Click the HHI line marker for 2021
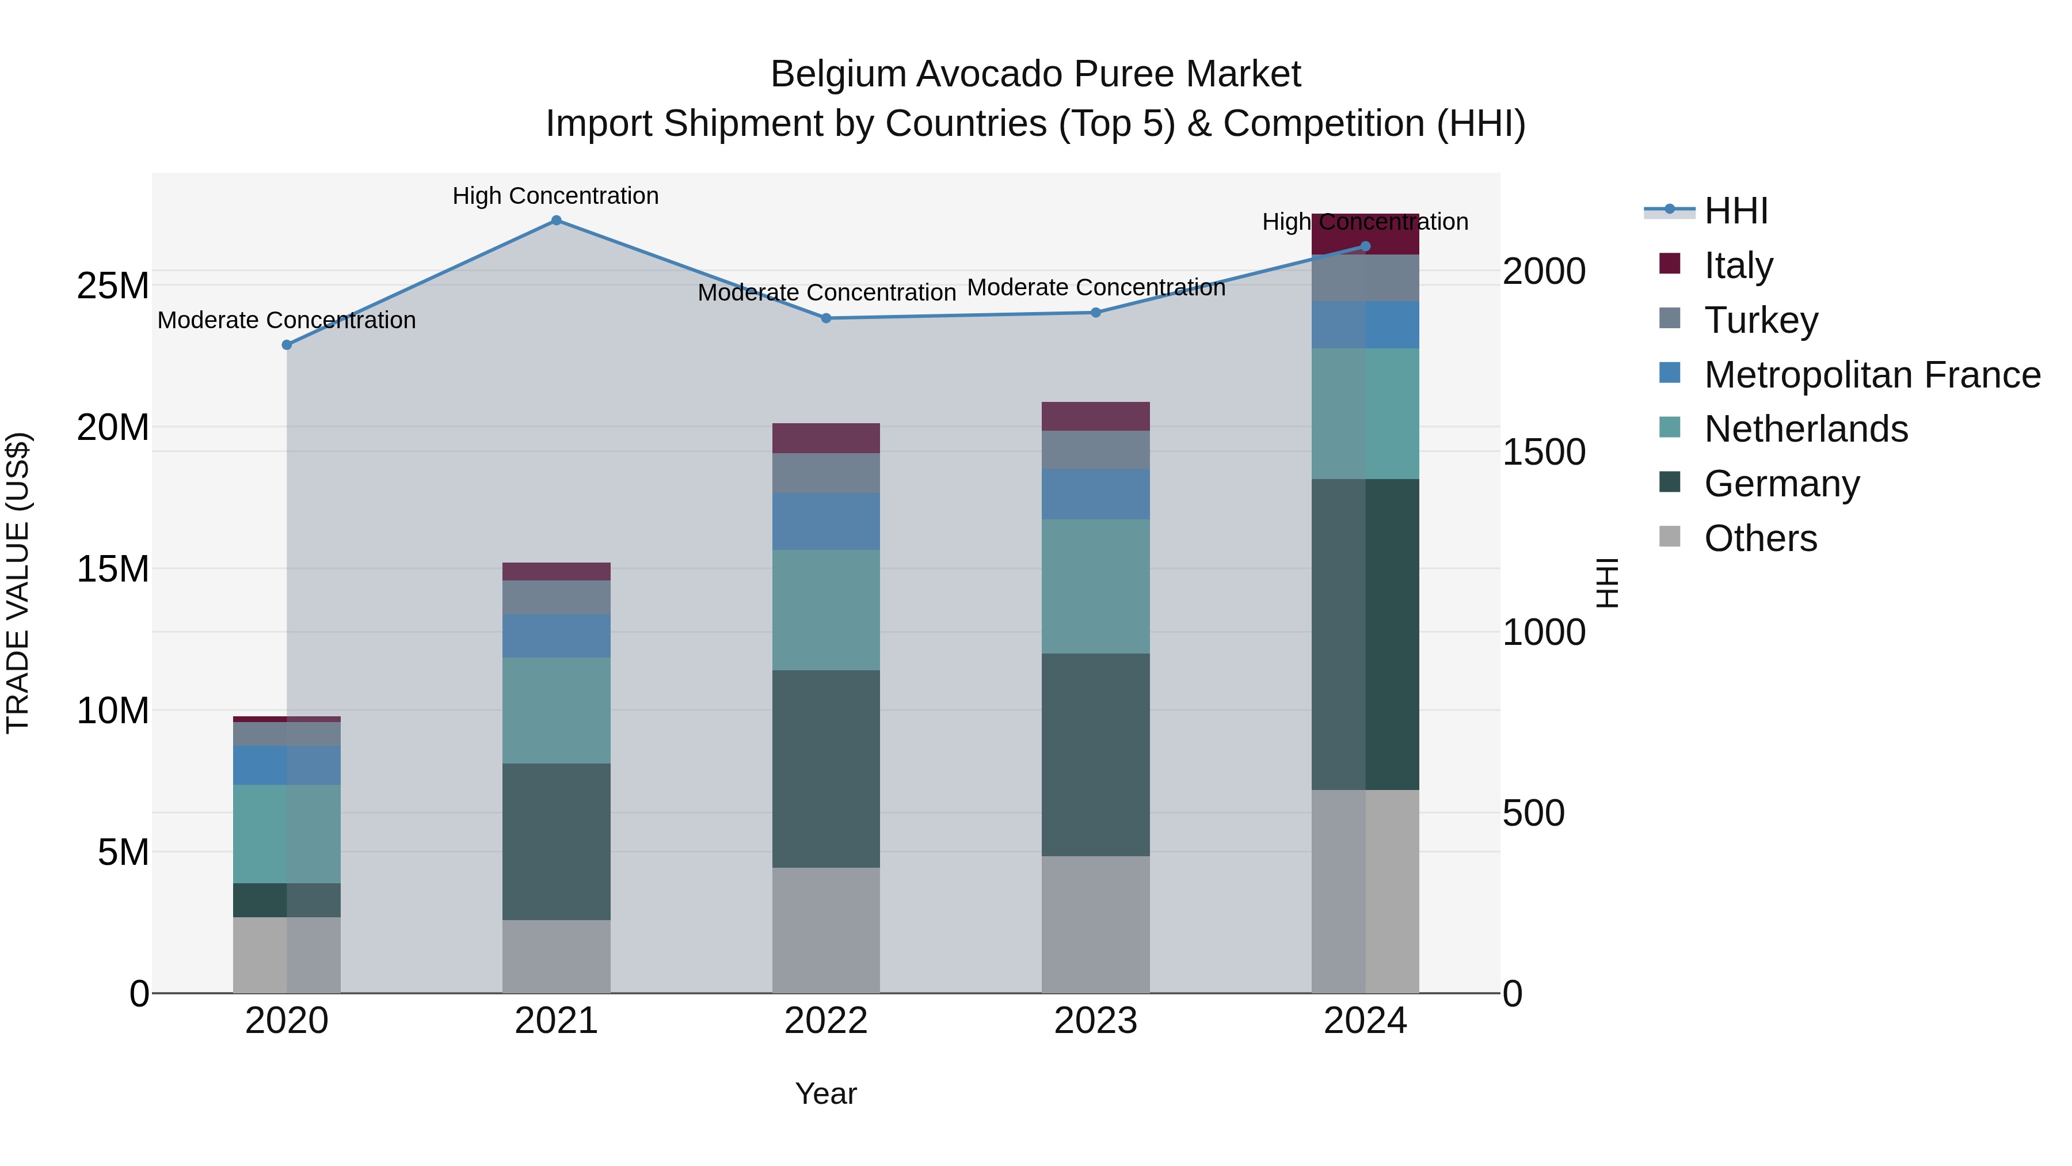click(556, 221)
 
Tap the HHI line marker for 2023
click(1095, 312)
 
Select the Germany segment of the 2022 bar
click(826, 769)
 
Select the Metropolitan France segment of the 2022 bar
click(826, 522)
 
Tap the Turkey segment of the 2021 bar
click(556, 597)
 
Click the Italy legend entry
click(1738, 265)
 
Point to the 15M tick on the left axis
click(113, 569)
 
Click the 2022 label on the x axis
click(826, 1021)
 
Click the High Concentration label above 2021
click(556, 196)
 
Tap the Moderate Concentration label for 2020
click(287, 320)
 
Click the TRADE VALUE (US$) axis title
click(18, 583)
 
